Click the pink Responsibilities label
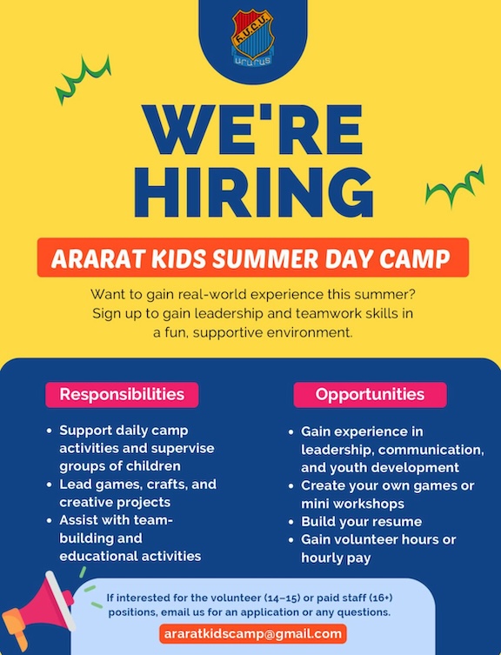[x=122, y=394]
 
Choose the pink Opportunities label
[x=370, y=394]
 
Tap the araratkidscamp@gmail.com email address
[x=252, y=633]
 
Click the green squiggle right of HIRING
[x=454, y=185]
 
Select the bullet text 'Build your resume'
[x=361, y=522]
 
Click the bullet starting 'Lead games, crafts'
[x=137, y=492]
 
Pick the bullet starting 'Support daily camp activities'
[x=137, y=448]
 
